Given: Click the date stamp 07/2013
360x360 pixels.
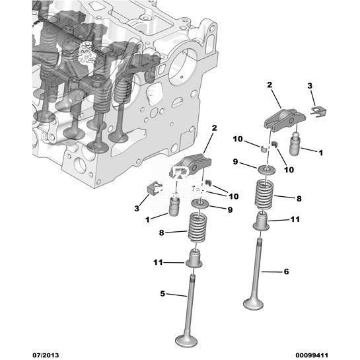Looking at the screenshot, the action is point(46,355).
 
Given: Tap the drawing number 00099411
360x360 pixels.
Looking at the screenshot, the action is point(312,355).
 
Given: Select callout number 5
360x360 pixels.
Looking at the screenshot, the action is point(162,293).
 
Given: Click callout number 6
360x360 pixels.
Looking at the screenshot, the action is point(286,271).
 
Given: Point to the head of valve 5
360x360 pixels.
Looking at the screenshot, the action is point(186,340).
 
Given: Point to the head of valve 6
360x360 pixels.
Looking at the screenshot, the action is point(254,303).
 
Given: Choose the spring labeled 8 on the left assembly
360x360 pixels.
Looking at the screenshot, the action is point(197,227).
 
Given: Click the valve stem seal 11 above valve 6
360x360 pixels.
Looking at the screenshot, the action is point(262,221).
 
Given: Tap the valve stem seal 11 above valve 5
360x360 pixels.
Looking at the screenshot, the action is point(194,259).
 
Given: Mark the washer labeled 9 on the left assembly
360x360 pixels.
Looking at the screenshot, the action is point(200,203).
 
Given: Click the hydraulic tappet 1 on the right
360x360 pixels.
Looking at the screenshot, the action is point(295,143).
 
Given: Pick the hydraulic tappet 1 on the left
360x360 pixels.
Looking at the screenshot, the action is point(174,205).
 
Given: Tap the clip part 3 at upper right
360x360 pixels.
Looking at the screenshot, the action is point(318,112).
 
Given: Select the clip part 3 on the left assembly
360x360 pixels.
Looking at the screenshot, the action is point(154,187).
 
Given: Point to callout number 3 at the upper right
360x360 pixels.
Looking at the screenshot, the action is point(310,86).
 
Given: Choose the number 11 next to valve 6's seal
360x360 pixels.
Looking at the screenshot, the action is point(295,219).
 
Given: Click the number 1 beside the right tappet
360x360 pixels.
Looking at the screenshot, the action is point(321,153).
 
